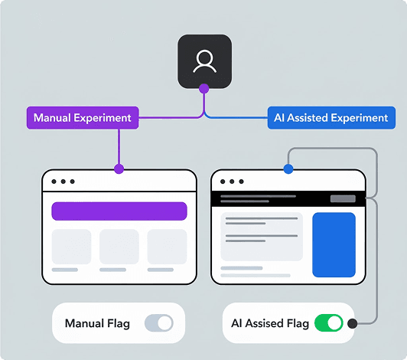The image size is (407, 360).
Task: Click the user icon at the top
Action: pos(204,61)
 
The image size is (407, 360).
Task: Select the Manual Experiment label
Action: pos(83,119)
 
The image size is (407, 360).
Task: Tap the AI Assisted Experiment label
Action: pos(331,119)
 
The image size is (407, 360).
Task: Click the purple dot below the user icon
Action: pos(204,90)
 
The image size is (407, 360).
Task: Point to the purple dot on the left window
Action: pos(119,169)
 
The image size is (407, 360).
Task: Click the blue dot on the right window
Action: pos(288,169)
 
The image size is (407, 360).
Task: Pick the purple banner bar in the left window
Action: pos(119,211)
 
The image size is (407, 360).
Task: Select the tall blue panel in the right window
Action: pos(334,244)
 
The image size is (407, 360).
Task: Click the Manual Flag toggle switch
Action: pos(159,323)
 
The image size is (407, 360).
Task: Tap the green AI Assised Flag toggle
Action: pos(329,323)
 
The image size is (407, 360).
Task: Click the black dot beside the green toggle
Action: pos(353,323)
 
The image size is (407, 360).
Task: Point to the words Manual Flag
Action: pos(97,323)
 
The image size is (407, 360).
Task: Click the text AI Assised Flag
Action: pos(270,323)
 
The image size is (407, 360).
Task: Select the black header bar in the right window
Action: pos(288,198)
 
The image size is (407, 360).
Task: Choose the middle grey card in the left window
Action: pos(119,247)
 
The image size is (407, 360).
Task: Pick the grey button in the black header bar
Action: pos(343,198)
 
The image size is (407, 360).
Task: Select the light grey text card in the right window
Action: pos(262,236)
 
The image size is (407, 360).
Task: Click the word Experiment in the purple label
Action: pos(105,119)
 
